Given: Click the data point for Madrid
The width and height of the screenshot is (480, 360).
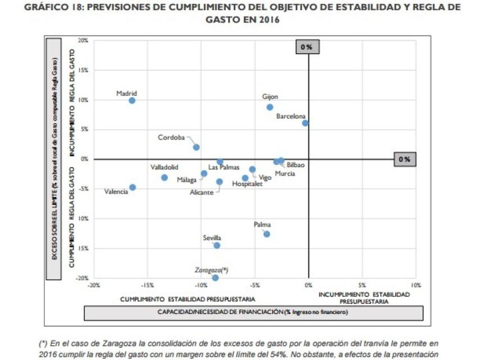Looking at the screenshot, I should (132, 101).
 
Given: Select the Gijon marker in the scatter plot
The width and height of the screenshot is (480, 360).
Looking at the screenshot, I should (270, 107).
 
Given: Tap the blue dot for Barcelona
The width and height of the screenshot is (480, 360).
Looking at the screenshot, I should (305, 123).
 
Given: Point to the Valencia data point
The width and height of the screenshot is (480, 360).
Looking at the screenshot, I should (132, 187).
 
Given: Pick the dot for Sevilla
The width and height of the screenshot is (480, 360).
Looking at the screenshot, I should (217, 245).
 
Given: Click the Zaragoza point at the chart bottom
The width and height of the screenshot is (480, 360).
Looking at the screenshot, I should (215, 278).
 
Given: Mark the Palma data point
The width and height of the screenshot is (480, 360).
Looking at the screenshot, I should (266, 234).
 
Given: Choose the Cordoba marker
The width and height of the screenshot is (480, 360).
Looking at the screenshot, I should (196, 147).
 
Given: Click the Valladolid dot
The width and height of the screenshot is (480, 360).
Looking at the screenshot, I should (164, 178).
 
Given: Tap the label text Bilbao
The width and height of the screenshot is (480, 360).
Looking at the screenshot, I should (295, 165).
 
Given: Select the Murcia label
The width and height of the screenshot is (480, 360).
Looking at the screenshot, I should (284, 174).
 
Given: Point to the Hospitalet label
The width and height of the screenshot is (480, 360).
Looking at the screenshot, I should (247, 184).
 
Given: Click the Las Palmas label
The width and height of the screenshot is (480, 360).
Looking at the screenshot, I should (224, 168).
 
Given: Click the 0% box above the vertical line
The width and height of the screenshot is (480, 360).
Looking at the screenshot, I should (307, 47).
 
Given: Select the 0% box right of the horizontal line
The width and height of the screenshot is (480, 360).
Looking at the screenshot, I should (404, 159).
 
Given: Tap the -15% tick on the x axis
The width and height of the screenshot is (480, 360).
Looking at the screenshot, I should (147, 285).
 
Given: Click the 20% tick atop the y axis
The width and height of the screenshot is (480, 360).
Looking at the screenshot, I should (83, 41).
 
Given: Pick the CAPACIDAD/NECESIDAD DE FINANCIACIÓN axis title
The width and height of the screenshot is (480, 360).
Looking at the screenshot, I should (253, 312).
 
